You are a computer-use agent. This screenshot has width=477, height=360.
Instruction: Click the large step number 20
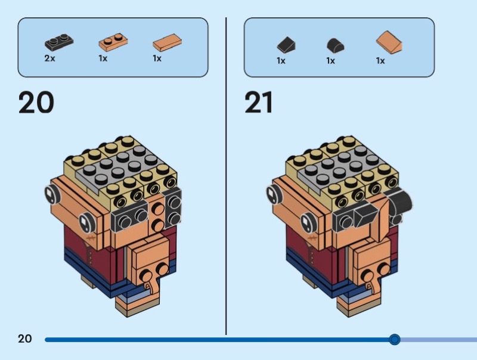[36, 103]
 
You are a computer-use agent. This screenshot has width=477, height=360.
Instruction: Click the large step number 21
[258, 103]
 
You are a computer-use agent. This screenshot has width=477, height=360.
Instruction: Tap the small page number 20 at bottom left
[24, 339]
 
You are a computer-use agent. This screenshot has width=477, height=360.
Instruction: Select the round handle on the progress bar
[394, 340]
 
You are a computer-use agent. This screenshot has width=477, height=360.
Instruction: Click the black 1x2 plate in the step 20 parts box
[59, 42]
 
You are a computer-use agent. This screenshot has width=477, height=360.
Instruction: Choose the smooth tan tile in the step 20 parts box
[167, 42]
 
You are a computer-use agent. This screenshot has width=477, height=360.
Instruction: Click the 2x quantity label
[49, 58]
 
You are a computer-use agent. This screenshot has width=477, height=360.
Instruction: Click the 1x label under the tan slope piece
[380, 60]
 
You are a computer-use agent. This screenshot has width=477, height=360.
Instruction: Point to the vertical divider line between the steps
[226, 179]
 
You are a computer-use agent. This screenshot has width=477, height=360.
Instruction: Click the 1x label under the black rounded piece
[330, 60]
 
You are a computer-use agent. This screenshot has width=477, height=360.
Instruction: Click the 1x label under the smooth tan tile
[157, 58]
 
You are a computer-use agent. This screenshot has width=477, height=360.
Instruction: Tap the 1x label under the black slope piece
[281, 60]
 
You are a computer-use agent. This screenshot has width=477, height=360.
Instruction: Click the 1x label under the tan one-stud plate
[103, 58]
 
